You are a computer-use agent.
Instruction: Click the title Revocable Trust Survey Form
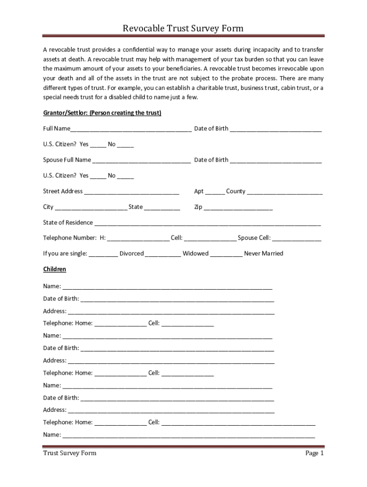pyautogui.click(x=183, y=29)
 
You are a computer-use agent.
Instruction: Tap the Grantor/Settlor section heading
pyautogui.click(x=102, y=113)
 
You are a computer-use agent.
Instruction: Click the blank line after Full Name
pyautogui.click(x=131, y=129)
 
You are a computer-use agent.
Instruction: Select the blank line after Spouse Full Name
pyautogui.click(x=142, y=161)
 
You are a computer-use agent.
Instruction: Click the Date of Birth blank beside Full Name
pyautogui.click(x=276, y=129)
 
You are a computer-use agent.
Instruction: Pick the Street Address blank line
pyautogui.click(x=132, y=192)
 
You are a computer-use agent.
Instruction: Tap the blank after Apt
pyautogui.click(x=215, y=192)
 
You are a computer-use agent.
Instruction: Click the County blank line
pyautogui.click(x=285, y=192)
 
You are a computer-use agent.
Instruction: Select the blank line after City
pyautogui.click(x=91, y=208)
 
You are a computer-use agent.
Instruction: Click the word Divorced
pyautogui.click(x=132, y=253)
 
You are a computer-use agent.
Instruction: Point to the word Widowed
pyautogui.click(x=195, y=253)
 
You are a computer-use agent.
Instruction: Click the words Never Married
pyautogui.click(x=264, y=253)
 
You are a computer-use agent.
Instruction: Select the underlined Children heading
pyautogui.click(x=54, y=269)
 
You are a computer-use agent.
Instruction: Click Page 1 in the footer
pyautogui.click(x=315, y=453)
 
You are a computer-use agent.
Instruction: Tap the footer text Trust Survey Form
pyautogui.click(x=70, y=453)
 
